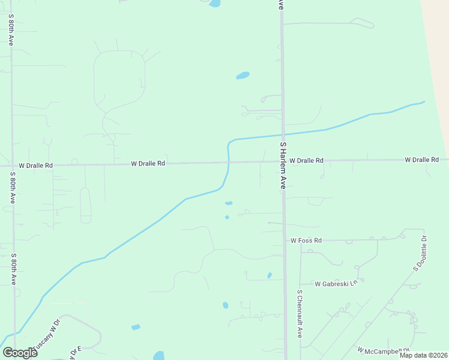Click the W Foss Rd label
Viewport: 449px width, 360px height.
[306, 241]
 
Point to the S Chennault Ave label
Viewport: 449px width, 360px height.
[300, 314]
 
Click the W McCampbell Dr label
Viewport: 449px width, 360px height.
[383, 350]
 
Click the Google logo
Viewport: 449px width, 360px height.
[20, 352]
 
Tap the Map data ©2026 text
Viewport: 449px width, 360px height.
[423, 355]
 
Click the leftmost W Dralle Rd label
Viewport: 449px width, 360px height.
[35, 165]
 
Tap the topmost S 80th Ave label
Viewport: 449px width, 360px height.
[11, 31]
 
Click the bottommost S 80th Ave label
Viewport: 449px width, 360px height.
[13, 268]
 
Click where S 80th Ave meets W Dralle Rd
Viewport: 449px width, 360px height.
[12, 165]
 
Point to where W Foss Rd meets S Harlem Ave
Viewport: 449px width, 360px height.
[285, 240]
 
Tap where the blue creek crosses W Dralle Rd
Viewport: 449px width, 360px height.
[228, 162]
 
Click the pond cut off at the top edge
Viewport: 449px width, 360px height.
[214, 3]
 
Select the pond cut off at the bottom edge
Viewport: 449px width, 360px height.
[159, 356]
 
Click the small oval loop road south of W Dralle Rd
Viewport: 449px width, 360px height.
[85, 205]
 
